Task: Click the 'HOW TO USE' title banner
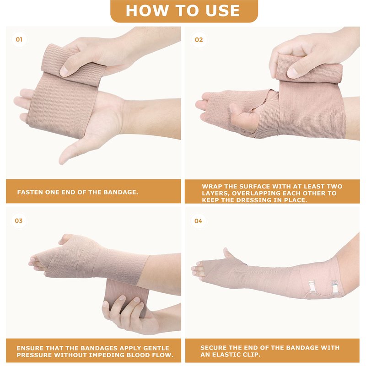pyautogui.click(x=184, y=11)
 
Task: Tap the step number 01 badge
pyautogui.click(x=19, y=39)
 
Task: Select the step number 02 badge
pyautogui.click(x=199, y=40)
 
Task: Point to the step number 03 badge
pyautogui.click(x=19, y=221)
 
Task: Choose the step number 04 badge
pyautogui.click(x=198, y=221)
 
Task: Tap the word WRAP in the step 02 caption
pyautogui.click(x=212, y=186)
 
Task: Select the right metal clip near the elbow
pyautogui.click(x=334, y=287)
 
